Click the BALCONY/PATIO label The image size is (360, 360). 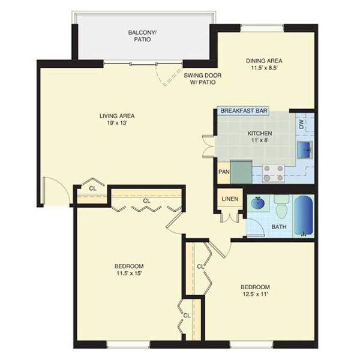point(142,36)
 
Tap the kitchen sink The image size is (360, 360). point(305,150)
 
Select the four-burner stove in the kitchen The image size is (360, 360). point(273,173)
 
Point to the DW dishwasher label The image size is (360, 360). point(301,124)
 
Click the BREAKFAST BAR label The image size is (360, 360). point(244,110)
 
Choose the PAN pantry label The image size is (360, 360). point(224,172)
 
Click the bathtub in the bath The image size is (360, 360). point(304,215)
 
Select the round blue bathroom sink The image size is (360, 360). point(258,203)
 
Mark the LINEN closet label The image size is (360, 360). point(230,199)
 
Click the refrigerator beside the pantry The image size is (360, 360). point(241,172)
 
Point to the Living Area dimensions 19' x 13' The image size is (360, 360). point(117,123)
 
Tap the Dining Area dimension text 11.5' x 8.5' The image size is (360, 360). point(265,68)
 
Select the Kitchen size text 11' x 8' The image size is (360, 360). point(260,140)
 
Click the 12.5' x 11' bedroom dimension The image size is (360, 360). point(255,294)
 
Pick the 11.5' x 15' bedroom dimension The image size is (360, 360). point(129,273)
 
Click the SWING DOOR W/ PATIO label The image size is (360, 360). point(203,79)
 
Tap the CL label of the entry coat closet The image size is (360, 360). point(92,188)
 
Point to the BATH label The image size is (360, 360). point(279,227)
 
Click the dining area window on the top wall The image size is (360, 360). point(262,28)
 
